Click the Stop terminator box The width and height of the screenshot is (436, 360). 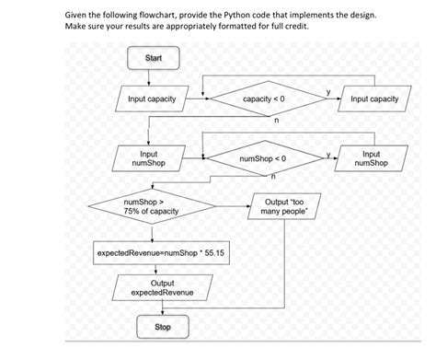click(162, 327)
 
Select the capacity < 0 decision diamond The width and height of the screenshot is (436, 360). click(269, 99)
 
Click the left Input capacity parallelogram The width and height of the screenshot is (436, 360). click(153, 99)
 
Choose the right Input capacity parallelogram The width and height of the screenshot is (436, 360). click(374, 99)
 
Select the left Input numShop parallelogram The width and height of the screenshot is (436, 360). click(148, 157)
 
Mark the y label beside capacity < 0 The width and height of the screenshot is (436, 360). click(327, 91)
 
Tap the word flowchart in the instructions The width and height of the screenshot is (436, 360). click(152, 17)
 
